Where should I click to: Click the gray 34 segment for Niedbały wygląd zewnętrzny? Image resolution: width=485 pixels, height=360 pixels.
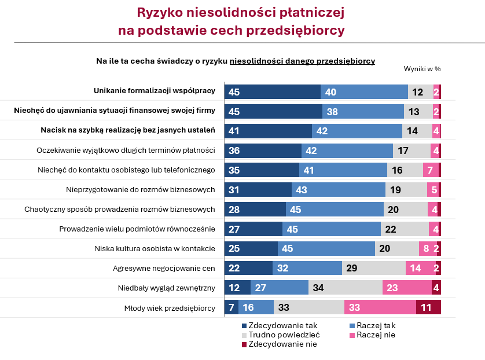pyautogui.click(x=345, y=288)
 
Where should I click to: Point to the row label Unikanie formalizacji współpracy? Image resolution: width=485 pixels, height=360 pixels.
pyautogui.click(x=155, y=91)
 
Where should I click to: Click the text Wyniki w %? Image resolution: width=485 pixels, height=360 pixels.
pyautogui.click(x=422, y=69)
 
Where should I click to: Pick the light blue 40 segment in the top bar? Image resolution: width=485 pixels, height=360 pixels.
pyautogui.click(x=364, y=91)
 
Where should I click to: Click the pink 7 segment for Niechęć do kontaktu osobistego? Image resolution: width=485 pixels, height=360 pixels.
pyautogui.click(x=430, y=170)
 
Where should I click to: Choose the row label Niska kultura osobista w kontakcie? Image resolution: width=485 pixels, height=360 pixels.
pyautogui.click(x=155, y=248)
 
